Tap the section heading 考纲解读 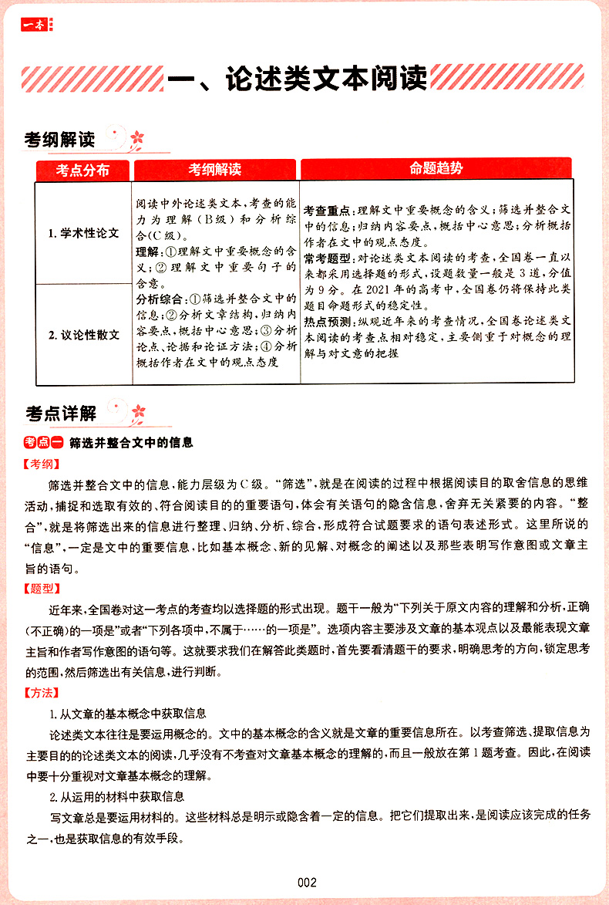[x=59, y=140]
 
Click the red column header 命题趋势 [x=436, y=169]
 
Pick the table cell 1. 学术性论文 [x=83, y=233]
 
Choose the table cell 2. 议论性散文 [x=83, y=334]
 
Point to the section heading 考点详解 [x=59, y=414]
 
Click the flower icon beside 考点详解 [x=137, y=413]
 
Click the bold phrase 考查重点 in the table [x=327, y=211]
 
